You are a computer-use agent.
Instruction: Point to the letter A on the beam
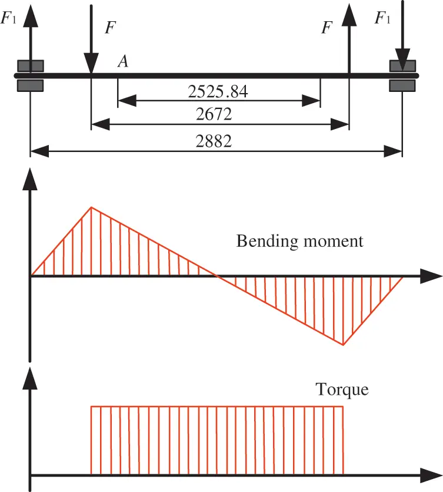pyautogui.click(x=123, y=61)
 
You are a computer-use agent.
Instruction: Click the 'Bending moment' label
pyautogui.click(x=300, y=241)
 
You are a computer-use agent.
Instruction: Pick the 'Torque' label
pyautogui.click(x=342, y=389)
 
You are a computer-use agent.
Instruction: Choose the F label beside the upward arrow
pyautogui.click(x=328, y=27)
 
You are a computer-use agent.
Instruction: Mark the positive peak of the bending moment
pyautogui.click(x=91, y=207)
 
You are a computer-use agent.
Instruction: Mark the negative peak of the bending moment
pyautogui.click(x=343, y=345)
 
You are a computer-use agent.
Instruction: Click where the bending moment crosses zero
pyautogui.click(x=216, y=275)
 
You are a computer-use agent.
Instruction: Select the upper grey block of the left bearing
pyautogui.click(x=30, y=65)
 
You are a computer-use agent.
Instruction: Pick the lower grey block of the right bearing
pyautogui.click(x=402, y=85)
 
